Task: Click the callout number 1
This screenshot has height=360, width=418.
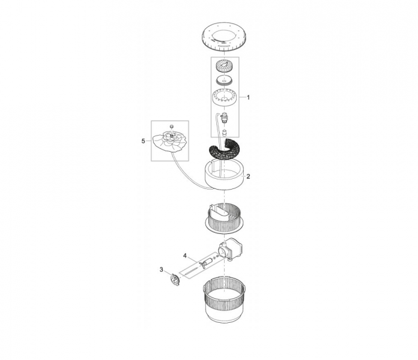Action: pos(248,97)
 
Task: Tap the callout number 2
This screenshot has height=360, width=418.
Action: pos(248,176)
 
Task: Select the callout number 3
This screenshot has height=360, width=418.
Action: pos(162,270)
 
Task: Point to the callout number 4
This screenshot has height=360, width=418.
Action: pos(185,256)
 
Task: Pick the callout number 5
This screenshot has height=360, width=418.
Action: pos(143,141)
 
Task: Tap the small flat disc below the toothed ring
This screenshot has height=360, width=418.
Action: pos(225,80)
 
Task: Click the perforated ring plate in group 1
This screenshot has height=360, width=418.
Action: pos(225,97)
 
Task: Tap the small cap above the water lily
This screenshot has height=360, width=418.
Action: pos(172,126)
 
